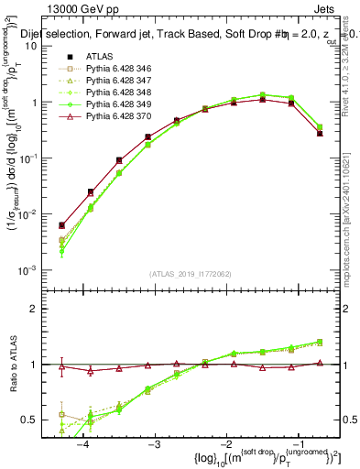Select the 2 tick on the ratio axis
tap(39, 309)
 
